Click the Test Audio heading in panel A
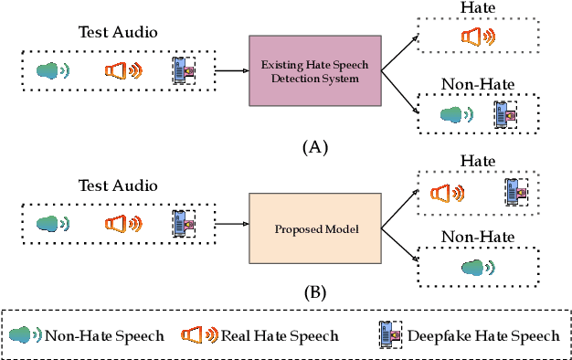point(116,33)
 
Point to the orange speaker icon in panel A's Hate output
point(477,37)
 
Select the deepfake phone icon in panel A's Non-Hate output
point(505,113)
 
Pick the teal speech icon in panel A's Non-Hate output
point(453,113)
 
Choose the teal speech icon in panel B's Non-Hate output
point(476,267)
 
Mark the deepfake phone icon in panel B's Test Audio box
point(184,222)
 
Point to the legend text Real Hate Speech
point(279,335)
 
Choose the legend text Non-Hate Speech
point(104,335)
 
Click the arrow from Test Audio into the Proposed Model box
point(232,223)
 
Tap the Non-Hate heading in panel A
point(476,85)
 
